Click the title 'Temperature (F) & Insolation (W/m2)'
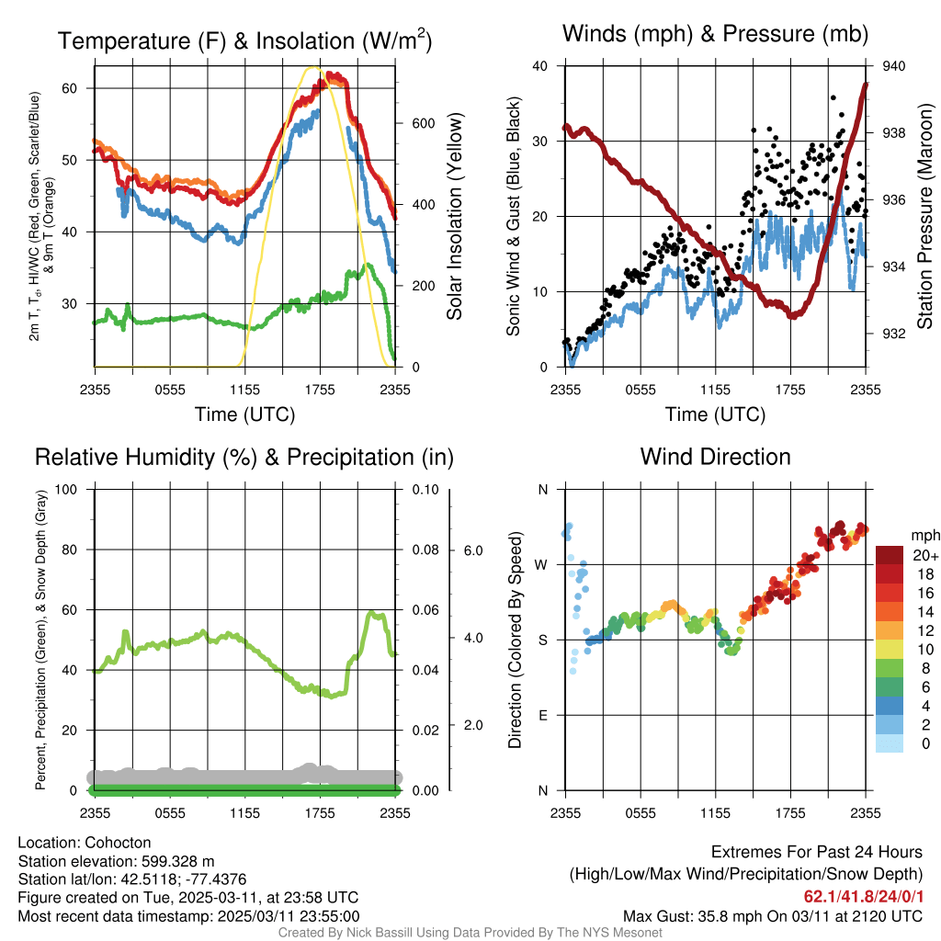(245, 40)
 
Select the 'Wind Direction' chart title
(715, 457)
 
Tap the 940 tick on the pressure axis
(894, 66)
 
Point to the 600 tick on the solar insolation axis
(423, 123)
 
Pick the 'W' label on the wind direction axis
(542, 564)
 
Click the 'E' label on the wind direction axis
(543, 715)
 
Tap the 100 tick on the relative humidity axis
(66, 489)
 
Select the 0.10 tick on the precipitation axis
(424, 489)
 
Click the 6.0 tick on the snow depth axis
(472, 550)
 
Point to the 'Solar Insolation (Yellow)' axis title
(455, 217)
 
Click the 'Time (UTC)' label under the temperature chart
(244, 415)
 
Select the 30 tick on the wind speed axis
(539, 142)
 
